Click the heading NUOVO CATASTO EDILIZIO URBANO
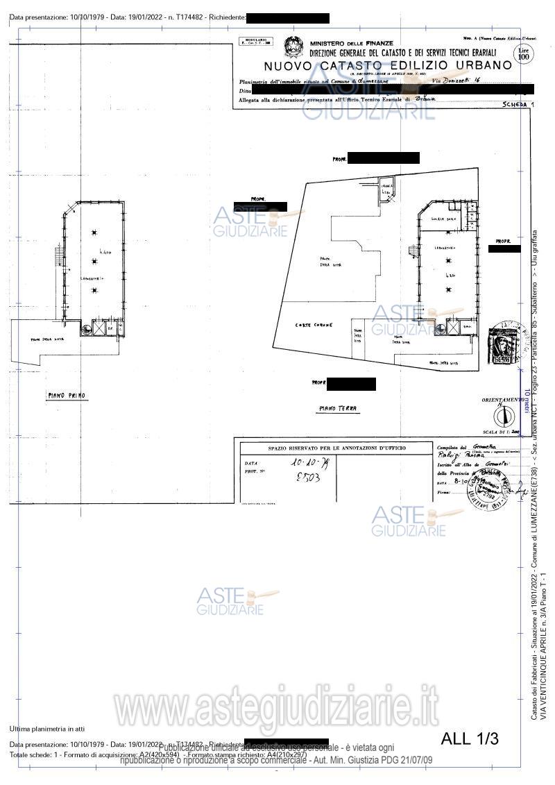click(388, 65)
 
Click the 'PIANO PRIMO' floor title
click(67, 395)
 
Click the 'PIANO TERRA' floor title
click(337, 409)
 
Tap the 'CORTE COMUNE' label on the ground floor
click(314, 325)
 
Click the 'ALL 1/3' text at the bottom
click(470, 738)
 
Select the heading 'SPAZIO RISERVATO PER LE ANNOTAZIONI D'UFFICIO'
click(337, 448)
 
